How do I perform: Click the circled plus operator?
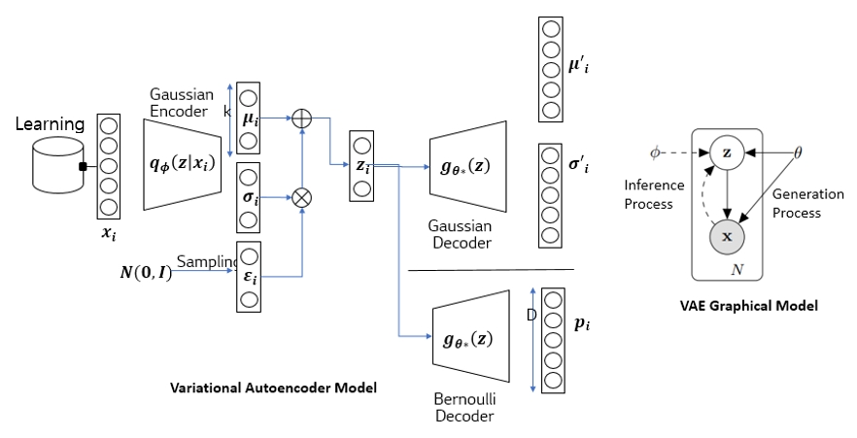(x=301, y=118)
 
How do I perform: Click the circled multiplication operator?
(x=301, y=197)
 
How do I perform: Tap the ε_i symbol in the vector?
(x=249, y=276)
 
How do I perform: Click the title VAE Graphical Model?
(x=749, y=305)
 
